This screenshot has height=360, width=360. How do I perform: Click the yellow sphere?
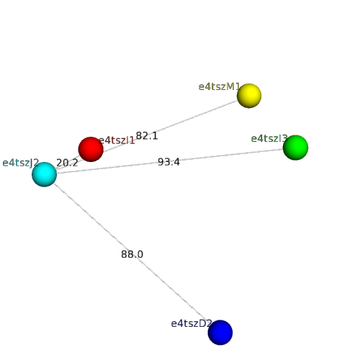coord(249,96)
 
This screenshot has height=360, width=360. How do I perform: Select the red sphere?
coord(91,149)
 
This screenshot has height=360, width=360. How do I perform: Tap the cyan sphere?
coord(44,174)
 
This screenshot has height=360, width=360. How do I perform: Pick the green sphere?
coord(295,148)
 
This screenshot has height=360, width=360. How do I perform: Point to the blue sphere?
coord(220,333)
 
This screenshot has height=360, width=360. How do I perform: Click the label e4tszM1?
coord(220,86)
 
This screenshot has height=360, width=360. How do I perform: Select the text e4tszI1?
coord(117,140)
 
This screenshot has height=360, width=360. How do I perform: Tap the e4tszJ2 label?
coord(21,163)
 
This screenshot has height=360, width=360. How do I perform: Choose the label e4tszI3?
coord(269,138)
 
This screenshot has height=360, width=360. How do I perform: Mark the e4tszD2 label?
coord(192,323)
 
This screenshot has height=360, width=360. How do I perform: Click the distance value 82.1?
coord(147,136)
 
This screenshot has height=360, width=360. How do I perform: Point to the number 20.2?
coord(67,163)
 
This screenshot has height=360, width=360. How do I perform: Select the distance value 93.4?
coord(168,162)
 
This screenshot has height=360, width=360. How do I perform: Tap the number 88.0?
coord(132,254)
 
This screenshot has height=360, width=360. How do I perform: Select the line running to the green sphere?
coord(170,161)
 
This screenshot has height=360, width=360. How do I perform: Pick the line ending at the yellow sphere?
coord(147,135)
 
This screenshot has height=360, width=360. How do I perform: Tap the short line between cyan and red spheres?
coord(68,163)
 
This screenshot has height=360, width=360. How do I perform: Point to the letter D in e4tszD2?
coord(202,323)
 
